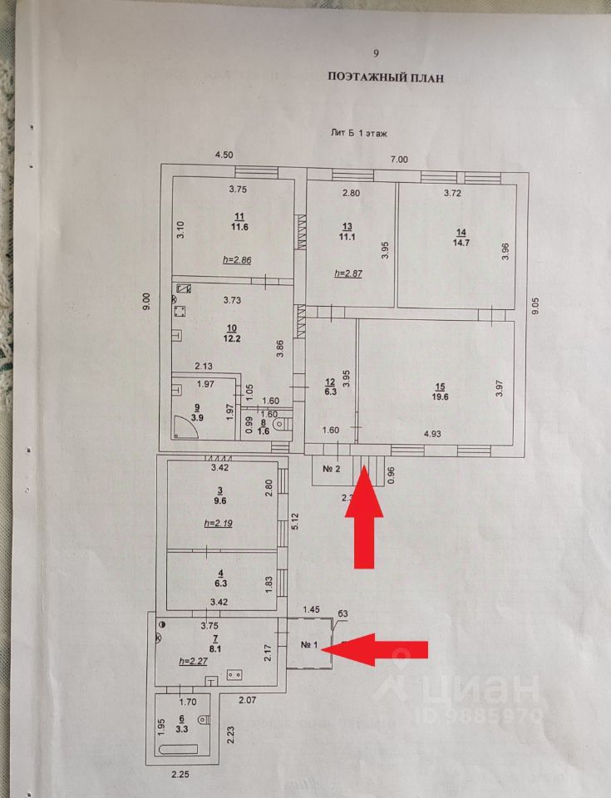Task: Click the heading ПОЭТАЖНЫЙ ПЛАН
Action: tap(386, 78)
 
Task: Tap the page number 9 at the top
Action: tap(376, 53)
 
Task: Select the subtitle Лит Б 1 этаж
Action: tap(358, 132)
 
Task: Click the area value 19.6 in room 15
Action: tap(439, 397)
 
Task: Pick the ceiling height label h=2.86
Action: tap(237, 260)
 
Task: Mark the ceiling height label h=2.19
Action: tap(218, 524)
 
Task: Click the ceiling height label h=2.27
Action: tap(194, 661)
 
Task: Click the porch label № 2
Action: tap(333, 468)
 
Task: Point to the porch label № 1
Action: tap(311, 645)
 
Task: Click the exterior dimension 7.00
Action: tap(400, 160)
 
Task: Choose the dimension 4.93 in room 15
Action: tap(432, 434)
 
